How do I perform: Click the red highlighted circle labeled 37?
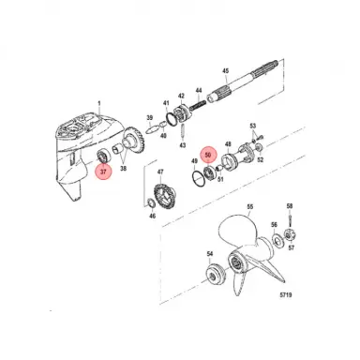pos(103,172)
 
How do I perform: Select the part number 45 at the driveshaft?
pos(224,71)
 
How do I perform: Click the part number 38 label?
pos(124,171)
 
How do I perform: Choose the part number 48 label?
pos(229,145)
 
